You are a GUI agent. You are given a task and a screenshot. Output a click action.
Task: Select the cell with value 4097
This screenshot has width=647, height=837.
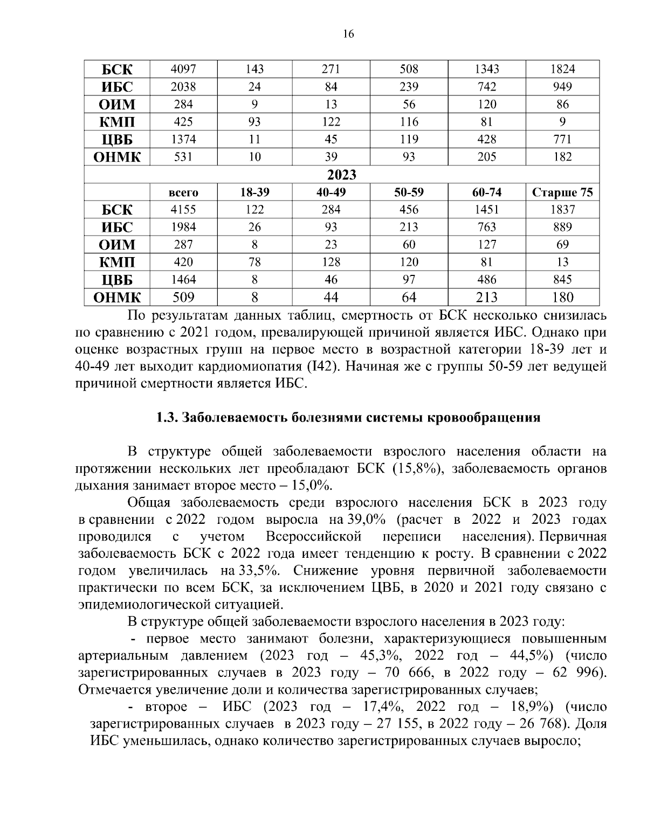pos(183,69)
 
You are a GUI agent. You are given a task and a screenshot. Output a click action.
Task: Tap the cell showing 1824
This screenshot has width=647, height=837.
pos(562,69)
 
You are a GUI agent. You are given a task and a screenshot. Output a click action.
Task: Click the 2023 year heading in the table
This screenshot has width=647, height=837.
pos(342,175)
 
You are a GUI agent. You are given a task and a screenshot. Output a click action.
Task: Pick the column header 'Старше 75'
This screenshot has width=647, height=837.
pos(562,192)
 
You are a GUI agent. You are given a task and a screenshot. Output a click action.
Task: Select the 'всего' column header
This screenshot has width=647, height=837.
pos(183,192)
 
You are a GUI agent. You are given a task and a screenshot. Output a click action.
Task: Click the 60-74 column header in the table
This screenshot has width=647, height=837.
pos(486,192)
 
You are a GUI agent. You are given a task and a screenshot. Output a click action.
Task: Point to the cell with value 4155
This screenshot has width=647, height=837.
pos(183,210)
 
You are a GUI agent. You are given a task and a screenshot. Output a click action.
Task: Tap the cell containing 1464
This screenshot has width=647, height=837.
pos(183,280)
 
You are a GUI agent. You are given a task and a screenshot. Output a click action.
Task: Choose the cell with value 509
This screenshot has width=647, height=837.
pos(183,297)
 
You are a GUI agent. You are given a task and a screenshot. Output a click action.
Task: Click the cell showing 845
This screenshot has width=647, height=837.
pos(562,280)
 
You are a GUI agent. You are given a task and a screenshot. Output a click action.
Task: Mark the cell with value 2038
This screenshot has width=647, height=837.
pos(183,87)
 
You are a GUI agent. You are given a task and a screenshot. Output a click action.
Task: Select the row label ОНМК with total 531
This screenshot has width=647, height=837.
pos(117,157)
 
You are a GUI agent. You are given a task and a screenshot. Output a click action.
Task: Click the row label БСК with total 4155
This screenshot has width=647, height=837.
pos(117,210)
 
